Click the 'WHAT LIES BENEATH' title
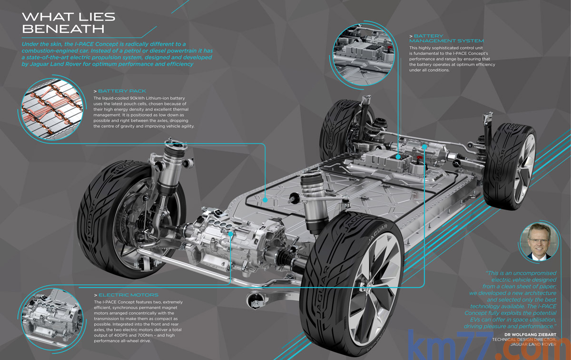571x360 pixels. pos(69,23)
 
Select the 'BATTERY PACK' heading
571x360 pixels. pos(122,91)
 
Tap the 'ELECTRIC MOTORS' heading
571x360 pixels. pos(128,295)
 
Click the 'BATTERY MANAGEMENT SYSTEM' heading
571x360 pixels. pos(447,38)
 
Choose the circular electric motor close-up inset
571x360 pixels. pos(52,319)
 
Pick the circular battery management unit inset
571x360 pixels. pos(364,55)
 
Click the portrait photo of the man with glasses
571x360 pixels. pos(539,241)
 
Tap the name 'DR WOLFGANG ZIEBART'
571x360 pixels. pos(530,334)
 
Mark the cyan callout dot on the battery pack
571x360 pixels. pos(265,200)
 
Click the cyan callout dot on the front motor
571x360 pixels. pos(231,234)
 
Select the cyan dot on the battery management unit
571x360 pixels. pos(398,157)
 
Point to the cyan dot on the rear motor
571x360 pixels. pos(424,147)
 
